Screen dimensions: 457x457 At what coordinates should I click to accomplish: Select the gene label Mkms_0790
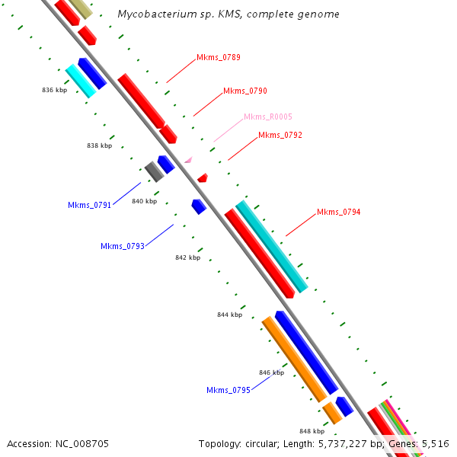[245, 91]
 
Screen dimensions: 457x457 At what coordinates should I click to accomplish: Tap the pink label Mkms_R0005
[267, 117]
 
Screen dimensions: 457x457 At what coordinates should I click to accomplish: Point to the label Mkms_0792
[280, 136]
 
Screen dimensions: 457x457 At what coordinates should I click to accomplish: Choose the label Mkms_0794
[339, 212]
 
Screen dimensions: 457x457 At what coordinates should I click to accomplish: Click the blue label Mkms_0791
[89, 205]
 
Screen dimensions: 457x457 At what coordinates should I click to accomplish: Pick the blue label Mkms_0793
[123, 246]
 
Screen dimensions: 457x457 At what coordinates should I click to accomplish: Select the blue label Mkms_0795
[228, 391]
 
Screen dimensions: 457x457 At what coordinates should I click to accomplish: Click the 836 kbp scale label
[54, 90]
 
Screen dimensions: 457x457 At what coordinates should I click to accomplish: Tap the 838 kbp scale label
[99, 145]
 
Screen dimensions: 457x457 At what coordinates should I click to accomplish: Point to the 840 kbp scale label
[144, 201]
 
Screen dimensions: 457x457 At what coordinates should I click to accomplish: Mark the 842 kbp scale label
[187, 257]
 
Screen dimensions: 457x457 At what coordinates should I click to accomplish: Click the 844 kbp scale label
[229, 315]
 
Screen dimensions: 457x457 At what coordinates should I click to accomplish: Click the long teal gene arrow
[272, 247]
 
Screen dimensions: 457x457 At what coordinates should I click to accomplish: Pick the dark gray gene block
[155, 171]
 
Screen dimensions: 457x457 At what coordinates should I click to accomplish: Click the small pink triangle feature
[188, 160]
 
